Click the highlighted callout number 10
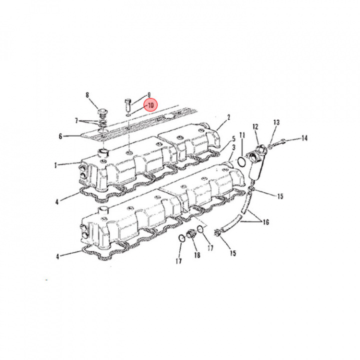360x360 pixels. [x=150, y=105]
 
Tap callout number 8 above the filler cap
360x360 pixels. [x=87, y=95]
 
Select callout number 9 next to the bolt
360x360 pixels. [x=148, y=95]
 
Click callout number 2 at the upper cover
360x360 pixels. [x=228, y=118]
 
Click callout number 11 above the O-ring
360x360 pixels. [x=242, y=135]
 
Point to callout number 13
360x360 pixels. [x=276, y=122]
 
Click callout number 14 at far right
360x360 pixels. [x=304, y=138]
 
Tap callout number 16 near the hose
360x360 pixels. [x=265, y=221]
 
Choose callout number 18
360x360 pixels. [x=196, y=255]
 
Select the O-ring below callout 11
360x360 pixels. [x=241, y=162]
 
